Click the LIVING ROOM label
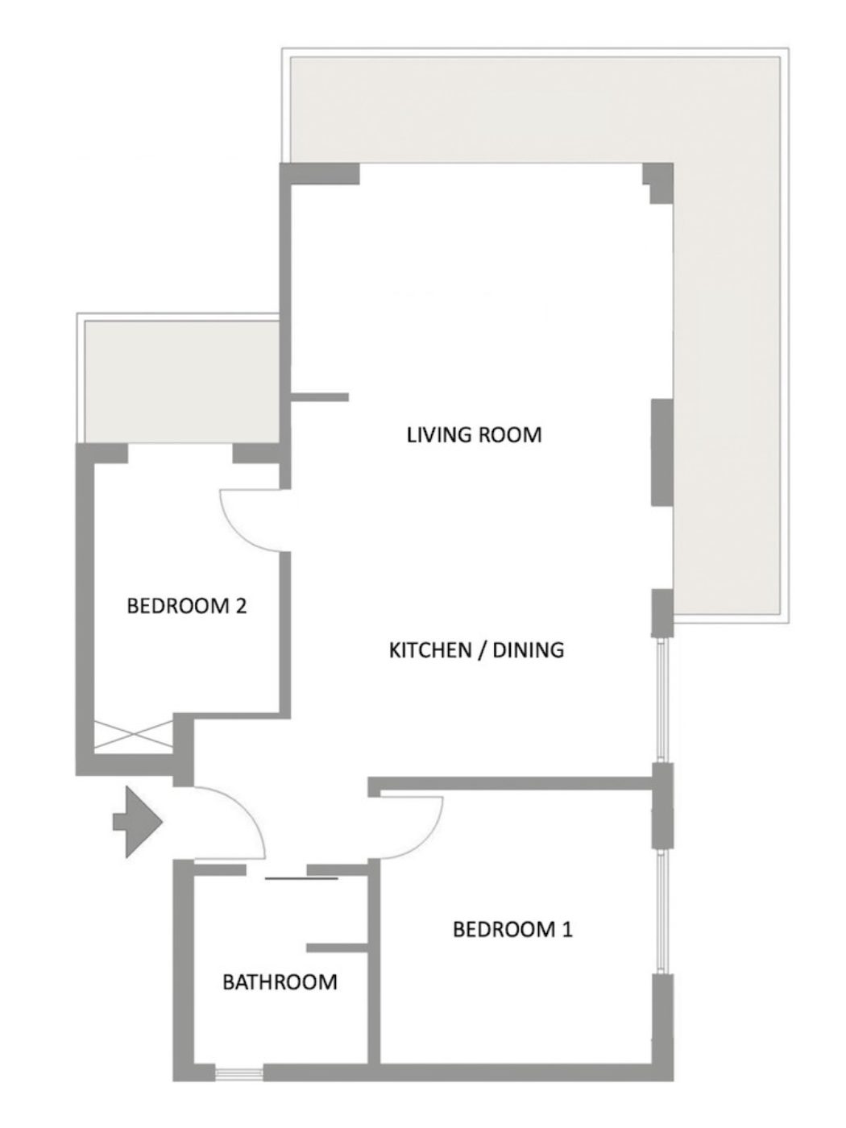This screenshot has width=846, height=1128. coord(474,435)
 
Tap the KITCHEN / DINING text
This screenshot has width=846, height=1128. coord(476,650)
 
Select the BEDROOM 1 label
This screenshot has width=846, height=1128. coord(512,929)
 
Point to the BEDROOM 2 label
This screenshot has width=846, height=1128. coord(186,606)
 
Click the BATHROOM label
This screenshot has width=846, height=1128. coord(280,982)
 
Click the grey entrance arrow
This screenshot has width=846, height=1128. coord(138,822)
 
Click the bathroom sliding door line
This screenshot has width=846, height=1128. coord(301,878)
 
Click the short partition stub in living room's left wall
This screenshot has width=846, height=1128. coord(320,397)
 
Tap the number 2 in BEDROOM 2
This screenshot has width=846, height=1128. coord(241,606)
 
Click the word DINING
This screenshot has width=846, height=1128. coord(528,650)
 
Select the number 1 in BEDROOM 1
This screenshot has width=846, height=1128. coord(566,929)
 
